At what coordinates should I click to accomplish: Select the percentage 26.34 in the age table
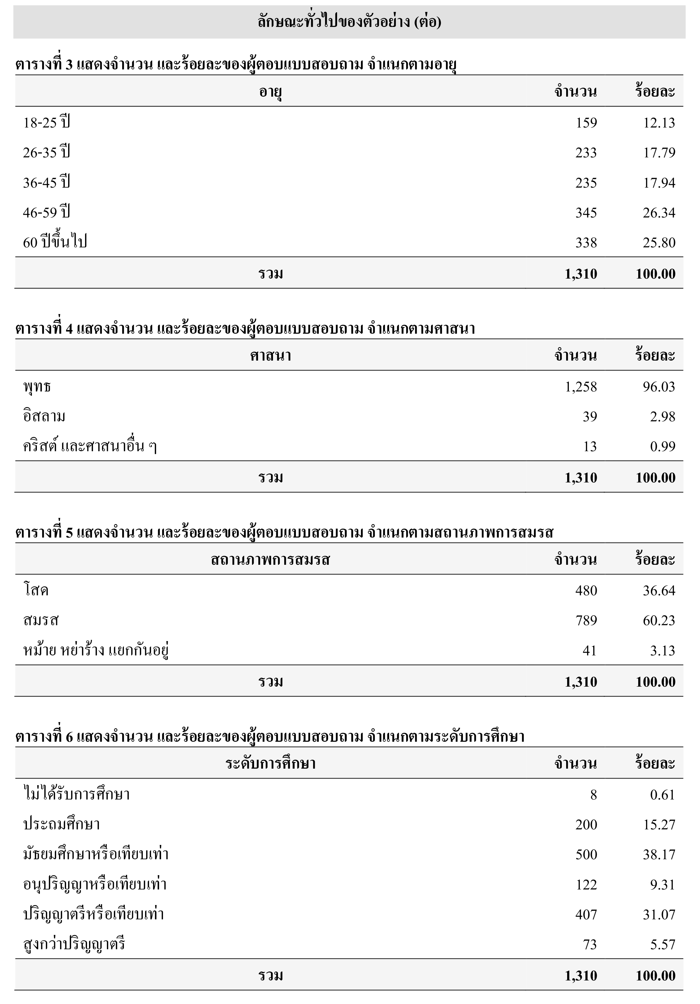click(658, 213)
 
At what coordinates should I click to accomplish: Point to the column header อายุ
click(270, 92)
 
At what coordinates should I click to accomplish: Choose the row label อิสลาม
click(44, 416)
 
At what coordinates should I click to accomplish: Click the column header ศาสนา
click(270, 356)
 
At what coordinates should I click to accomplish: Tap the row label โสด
click(36, 591)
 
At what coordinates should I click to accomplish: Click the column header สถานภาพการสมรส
click(270, 560)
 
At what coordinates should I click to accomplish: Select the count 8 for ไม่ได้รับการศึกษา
click(593, 795)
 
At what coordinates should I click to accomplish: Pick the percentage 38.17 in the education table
click(658, 855)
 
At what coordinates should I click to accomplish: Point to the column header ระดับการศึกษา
click(270, 764)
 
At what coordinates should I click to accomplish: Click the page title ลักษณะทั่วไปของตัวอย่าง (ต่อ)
click(349, 22)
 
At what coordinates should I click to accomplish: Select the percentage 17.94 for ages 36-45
click(658, 183)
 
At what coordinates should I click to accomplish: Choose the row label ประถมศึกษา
click(62, 824)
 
